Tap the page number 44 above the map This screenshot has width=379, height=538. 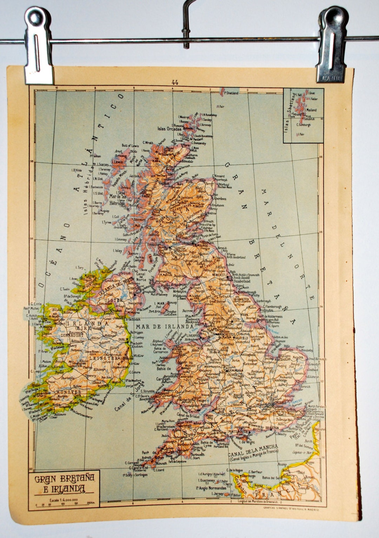pyautogui.click(x=174, y=83)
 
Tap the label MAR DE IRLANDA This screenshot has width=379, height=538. pyautogui.click(x=164, y=326)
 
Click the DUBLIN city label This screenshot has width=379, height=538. pyautogui.click(x=123, y=339)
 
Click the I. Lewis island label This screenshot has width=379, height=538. pyautogui.click(x=118, y=162)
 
